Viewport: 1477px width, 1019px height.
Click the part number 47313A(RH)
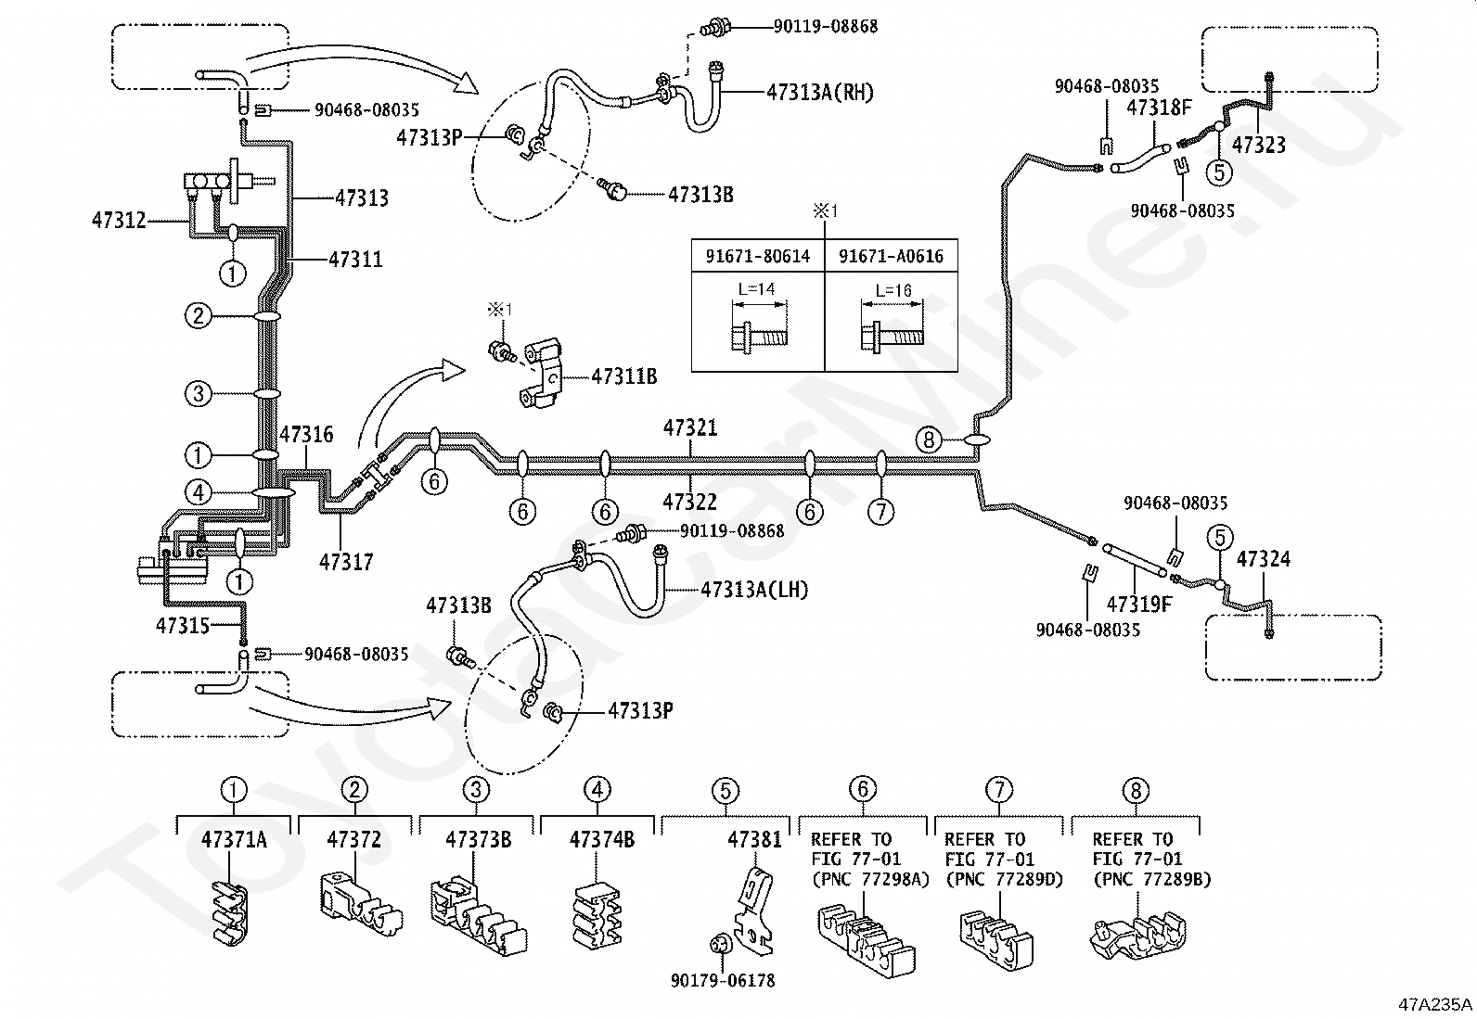point(820,92)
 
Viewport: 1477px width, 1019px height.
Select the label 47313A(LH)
point(754,590)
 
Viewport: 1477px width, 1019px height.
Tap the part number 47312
point(119,221)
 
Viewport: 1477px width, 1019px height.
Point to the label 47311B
point(623,376)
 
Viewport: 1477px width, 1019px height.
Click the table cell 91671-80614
point(758,255)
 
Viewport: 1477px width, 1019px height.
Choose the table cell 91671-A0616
point(891,255)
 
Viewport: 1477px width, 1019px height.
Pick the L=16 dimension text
point(893,290)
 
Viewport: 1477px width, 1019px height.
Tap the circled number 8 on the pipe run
point(929,439)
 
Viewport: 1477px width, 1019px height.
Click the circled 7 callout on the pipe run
point(880,511)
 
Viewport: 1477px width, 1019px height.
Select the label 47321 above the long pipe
point(690,428)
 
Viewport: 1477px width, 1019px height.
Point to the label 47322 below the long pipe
point(690,502)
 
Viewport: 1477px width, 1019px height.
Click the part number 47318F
point(1159,108)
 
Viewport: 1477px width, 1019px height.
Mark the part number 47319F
point(1139,605)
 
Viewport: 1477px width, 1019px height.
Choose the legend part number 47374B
point(601,840)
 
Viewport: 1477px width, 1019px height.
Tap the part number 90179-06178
point(723,980)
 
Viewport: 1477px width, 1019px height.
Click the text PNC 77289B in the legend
point(1151,880)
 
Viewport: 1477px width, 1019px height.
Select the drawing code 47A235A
point(1435,1004)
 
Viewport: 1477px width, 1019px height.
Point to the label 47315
point(183,626)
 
